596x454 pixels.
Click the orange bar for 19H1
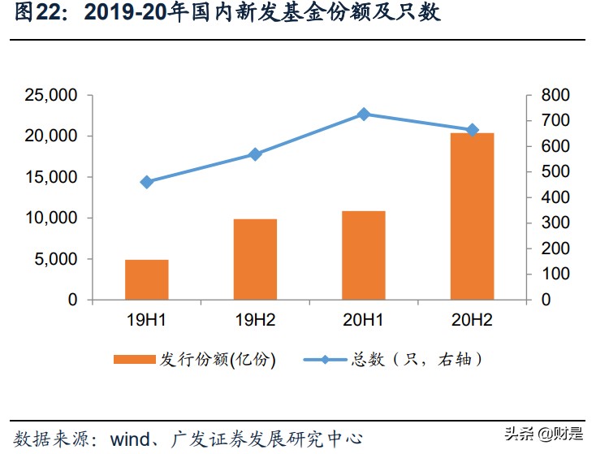(x=146, y=279)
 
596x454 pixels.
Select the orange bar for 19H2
(x=255, y=259)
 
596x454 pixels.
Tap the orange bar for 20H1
(x=363, y=255)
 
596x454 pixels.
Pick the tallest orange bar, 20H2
(x=472, y=216)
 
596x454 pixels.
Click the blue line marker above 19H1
(x=146, y=182)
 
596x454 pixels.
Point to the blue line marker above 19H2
(x=255, y=153)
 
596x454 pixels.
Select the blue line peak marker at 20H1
(x=364, y=115)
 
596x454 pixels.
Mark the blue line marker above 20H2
(x=472, y=130)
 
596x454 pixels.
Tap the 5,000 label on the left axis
(x=56, y=259)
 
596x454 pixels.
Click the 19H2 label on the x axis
(x=255, y=319)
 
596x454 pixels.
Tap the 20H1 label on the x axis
(x=363, y=319)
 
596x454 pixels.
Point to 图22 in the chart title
(x=34, y=14)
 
